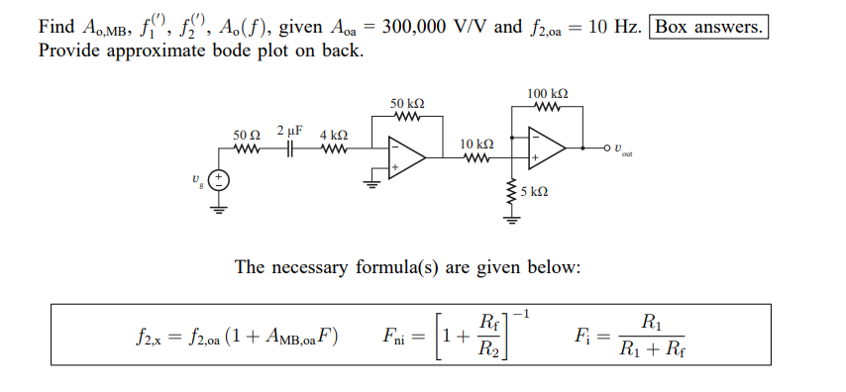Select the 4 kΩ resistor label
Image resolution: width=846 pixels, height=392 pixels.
point(333,134)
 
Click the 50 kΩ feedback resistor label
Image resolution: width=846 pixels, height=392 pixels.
point(407,103)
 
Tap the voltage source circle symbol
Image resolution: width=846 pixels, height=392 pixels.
point(217,180)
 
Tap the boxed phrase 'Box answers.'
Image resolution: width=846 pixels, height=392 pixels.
point(709,27)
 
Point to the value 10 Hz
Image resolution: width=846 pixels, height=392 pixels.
point(613,27)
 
